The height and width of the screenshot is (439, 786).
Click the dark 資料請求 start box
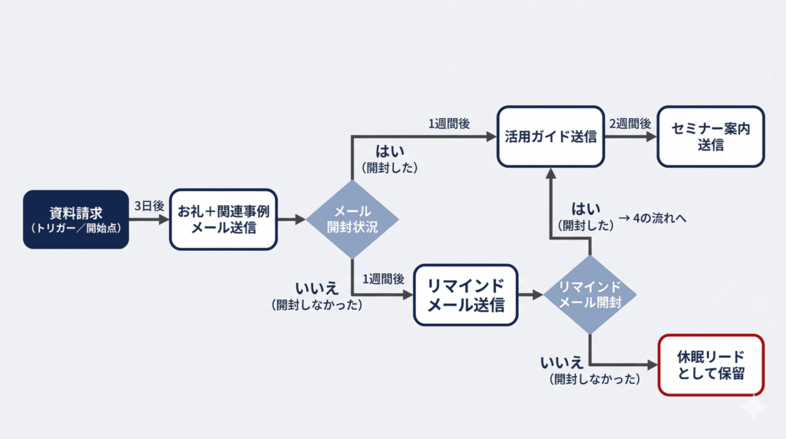tap(75, 219)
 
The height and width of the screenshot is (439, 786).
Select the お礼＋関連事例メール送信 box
tap(223, 219)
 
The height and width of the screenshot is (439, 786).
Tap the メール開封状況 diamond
tap(352, 219)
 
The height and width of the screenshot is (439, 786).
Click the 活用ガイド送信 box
tap(550, 137)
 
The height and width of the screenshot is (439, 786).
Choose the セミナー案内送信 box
tap(711, 137)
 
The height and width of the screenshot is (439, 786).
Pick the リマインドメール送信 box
tap(465, 295)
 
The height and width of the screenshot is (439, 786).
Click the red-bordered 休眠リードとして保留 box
tap(711, 365)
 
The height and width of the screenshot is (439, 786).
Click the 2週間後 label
tap(630, 124)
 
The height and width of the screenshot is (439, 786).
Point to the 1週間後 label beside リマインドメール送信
tap(383, 280)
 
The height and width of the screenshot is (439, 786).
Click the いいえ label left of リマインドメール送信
tap(316, 289)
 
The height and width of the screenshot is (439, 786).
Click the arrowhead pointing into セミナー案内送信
tap(652, 137)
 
